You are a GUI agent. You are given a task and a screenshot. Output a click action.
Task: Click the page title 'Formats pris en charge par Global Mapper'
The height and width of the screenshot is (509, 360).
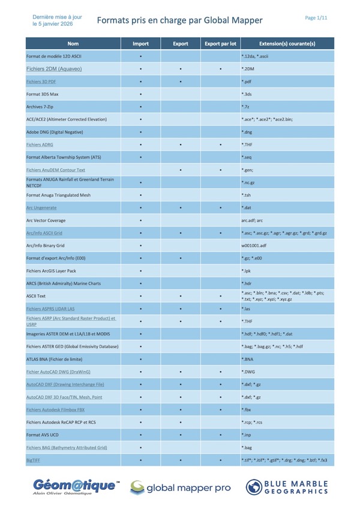point(179,20)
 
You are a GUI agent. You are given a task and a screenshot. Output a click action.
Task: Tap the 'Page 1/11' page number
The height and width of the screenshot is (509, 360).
point(316,18)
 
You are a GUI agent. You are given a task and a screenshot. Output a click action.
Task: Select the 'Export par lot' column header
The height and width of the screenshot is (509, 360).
point(220,44)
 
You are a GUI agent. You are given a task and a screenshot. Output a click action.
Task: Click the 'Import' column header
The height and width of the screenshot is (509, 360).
point(140,44)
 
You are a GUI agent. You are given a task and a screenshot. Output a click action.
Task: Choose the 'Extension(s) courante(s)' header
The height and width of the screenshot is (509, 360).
point(286,44)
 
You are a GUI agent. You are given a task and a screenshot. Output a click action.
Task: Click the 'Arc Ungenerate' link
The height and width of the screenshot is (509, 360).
point(41,207)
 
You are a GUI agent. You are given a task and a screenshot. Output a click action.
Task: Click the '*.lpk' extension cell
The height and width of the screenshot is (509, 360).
point(247,270)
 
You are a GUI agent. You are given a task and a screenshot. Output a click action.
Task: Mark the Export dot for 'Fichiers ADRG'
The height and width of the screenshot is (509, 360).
point(180,144)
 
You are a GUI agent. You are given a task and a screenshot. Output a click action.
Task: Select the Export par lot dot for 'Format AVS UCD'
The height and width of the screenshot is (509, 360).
point(220,435)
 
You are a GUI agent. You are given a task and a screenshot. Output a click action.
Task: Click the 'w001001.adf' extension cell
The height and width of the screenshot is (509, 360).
point(254,245)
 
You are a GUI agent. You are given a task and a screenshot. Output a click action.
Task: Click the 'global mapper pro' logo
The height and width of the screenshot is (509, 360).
point(179,487)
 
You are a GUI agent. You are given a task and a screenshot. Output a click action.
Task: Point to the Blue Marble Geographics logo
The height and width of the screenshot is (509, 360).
point(288,487)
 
